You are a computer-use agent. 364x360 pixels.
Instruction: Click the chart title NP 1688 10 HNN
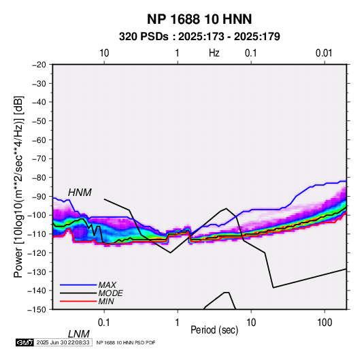(199, 19)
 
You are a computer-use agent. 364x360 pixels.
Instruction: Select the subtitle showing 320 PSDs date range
(199, 37)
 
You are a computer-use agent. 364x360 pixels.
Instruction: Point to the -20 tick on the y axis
(39, 65)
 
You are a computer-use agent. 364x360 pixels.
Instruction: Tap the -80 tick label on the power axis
(39, 178)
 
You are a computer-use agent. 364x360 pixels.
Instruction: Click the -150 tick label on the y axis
(37, 310)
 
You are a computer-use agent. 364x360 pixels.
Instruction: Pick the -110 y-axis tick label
(37, 234)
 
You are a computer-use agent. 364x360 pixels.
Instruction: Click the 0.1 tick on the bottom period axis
(104, 323)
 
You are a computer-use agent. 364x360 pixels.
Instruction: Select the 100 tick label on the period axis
(325, 323)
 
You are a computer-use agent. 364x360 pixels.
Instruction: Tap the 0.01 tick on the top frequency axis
(324, 53)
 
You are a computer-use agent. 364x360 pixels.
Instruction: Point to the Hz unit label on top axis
(214, 53)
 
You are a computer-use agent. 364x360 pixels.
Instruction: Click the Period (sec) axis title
(214, 330)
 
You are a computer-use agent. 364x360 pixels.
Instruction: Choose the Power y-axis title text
(18, 186)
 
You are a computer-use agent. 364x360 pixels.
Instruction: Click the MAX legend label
(107, 284)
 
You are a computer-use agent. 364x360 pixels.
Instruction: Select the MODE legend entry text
(110, 293)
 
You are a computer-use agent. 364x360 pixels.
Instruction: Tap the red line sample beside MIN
(78, 301)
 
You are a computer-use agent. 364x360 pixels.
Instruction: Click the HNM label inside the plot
(80, 193)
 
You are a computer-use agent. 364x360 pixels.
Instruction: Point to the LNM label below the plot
(79, 334)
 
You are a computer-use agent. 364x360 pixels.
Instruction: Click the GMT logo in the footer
(25, 342)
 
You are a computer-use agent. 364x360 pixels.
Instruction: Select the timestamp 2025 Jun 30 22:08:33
(63, 342)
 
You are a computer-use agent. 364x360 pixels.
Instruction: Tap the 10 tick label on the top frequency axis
(104, 53)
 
